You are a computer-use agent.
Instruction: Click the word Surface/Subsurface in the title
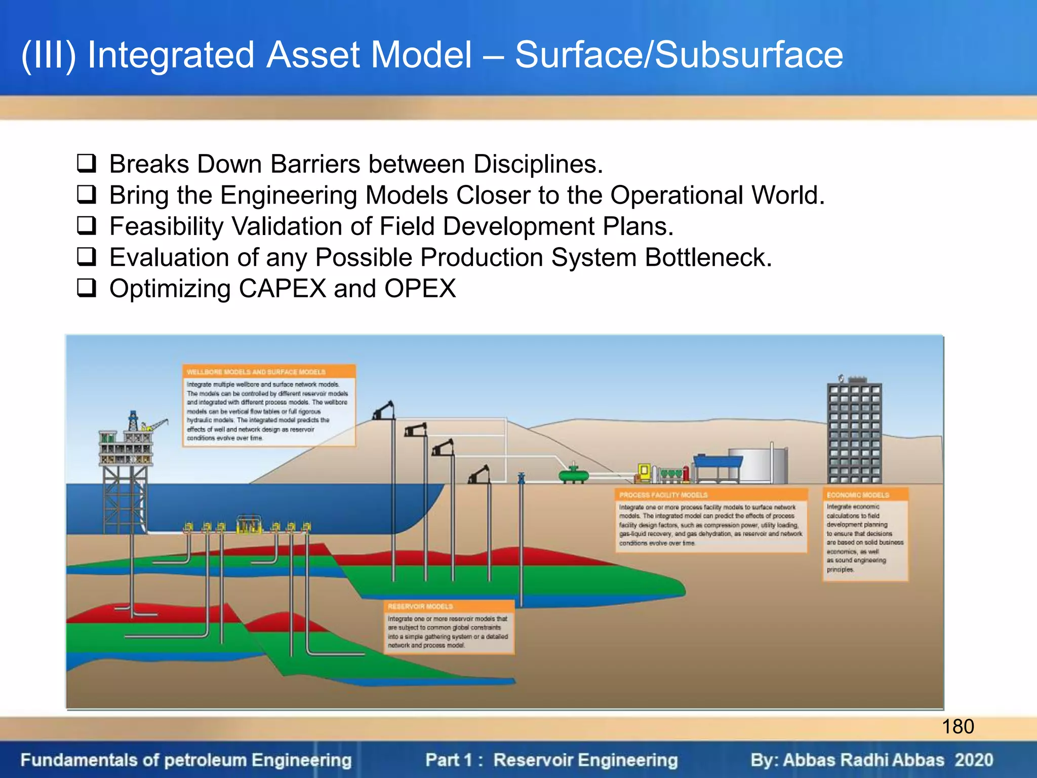(679, 55)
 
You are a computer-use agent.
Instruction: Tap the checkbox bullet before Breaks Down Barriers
(87, 163)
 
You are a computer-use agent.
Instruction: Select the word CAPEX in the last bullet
(282, 289)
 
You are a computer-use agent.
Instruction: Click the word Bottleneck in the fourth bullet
(707, 257)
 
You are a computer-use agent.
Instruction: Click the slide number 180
(958, 726)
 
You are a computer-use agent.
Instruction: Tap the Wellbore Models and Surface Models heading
(256, 372)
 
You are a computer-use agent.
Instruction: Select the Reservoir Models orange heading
(420, 606)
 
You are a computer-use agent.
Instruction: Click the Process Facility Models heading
(663, 495)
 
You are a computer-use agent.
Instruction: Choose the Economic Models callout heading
(858, 495)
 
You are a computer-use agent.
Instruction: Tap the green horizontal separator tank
(573, 475)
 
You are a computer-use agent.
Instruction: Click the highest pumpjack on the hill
(385, 410)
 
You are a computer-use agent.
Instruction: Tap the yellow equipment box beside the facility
(644, 472)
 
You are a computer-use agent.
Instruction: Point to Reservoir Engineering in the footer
(585, 760)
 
